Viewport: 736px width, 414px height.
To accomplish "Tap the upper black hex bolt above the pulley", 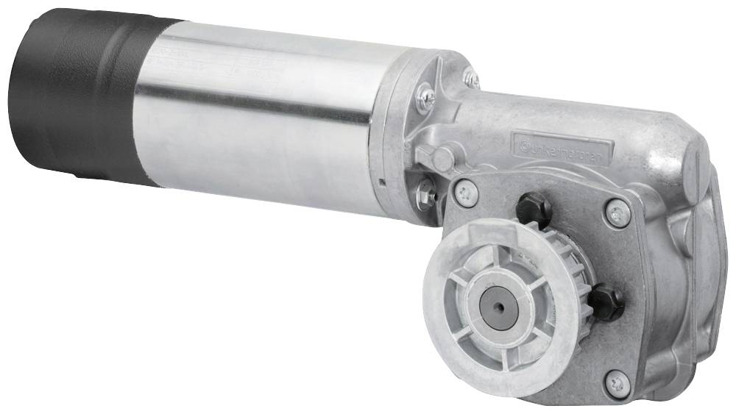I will tap(534, 210).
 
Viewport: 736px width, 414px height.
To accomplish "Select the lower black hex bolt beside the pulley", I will tap(606, 301).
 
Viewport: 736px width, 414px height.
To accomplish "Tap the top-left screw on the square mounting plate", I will tap(466, 192).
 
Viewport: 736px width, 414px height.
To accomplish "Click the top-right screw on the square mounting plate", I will tap(617, 213).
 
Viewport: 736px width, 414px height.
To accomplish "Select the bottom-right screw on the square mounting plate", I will tap(617, 383).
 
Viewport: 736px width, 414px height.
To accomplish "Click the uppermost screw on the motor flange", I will tap(470, 76).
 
